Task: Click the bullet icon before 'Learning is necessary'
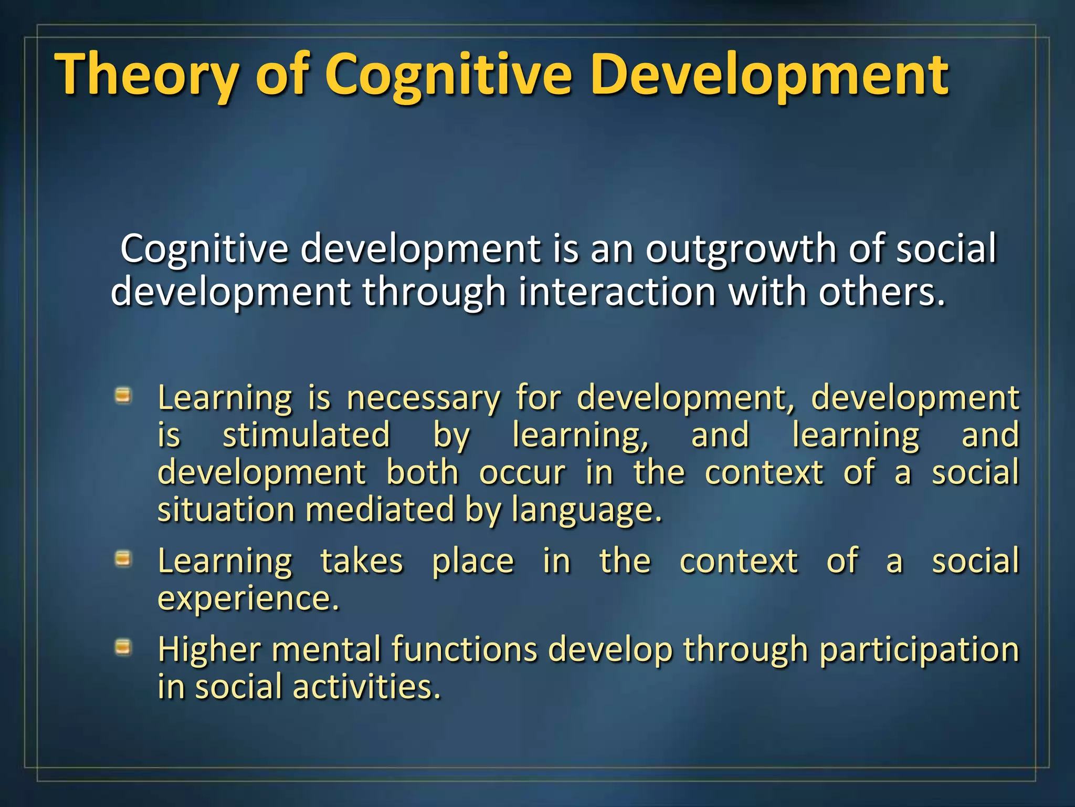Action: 123,395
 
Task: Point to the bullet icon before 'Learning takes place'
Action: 123,559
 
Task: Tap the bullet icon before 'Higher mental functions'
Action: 123,647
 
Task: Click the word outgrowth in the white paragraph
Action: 740,249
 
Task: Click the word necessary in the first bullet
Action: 424,398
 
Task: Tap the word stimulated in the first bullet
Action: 307,436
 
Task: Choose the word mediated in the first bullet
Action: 380,510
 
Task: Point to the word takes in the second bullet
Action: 362,561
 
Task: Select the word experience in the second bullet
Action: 247,599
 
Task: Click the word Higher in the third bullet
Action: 209,650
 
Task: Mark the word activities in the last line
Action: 366,687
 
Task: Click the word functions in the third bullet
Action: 465,650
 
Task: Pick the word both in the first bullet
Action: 423,473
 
